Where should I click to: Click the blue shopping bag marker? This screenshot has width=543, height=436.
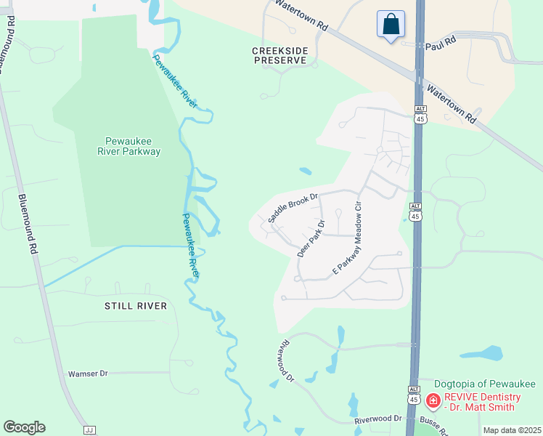[391, 24]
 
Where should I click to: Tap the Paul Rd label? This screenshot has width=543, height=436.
[440, 44]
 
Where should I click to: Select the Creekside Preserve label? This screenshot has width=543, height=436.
[280, 55]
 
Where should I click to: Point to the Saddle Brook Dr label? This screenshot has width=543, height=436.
[293, 207]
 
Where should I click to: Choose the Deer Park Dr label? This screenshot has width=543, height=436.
[310, 240]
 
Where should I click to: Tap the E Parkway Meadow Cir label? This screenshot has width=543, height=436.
[347, 238]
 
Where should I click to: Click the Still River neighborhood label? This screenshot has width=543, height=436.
[137, 306]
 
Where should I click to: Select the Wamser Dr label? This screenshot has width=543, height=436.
[87, 374]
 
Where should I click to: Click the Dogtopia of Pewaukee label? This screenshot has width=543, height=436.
[484, 384]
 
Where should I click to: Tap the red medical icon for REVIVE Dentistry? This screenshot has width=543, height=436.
[433, 400]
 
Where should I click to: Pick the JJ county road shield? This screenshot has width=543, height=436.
[90, 430]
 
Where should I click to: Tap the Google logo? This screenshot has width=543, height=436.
[24, 427]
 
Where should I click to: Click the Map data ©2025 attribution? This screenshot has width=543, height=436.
[512, 430]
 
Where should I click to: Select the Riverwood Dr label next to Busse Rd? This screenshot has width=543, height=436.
[378, 419]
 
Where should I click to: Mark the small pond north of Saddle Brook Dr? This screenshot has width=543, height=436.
[306, 172]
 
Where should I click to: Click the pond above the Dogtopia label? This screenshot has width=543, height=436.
[482, 354]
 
